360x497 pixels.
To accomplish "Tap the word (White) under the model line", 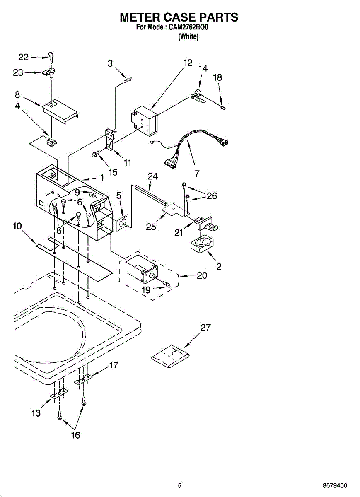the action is pyautogui.click(x=188, y=36).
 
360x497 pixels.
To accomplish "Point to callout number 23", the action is pyautogui.click(x=18, y=72).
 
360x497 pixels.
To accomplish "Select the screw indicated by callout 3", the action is pyautogui.click(x=128, y=80).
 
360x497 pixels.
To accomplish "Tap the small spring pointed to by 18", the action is pyautogui.click(x=223, y=108).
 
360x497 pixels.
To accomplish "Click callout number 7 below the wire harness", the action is pyautogui.click(x=197, y=173).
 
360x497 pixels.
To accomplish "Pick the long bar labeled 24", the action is pyautogui.click(x=150, y=195).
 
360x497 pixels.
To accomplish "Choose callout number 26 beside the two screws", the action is pyautogui.click(x=212, y=195).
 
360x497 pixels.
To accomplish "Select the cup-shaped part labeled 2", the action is pyautogui.click(x=202, y=244).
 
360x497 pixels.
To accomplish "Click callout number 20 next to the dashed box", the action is pyautogui.click(x=202, y=275).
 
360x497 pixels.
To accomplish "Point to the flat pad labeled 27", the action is pyautogui.click(x=170, y=356).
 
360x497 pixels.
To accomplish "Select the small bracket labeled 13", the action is pyautogui.click(x=59, y=394).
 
